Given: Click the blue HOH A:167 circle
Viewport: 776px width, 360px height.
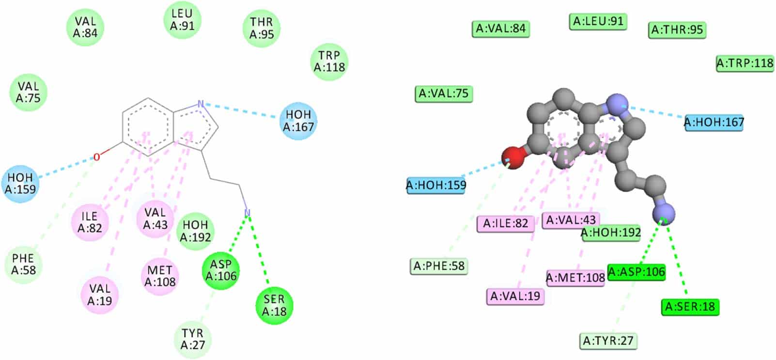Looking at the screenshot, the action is pyautogui.click(x=298, y=121).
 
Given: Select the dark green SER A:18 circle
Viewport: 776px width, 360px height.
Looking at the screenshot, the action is pyautogui.click(x=274, y=306).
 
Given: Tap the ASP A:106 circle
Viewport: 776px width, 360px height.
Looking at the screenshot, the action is pyautogui.click(x=221, y=271).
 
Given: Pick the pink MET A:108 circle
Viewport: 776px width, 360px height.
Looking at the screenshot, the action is pyautogui.click(x=160, y=276).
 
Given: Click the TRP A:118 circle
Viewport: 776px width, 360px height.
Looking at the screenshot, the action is pyautogui.click(x=329, y=62).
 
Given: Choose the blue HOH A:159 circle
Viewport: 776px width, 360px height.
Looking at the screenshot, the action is pyautogui.click(x=20, y=184).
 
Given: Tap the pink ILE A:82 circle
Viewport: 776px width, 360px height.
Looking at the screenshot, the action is pyautogui.click(x=90, y=222).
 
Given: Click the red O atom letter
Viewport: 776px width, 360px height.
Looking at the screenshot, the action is pyautogui.click(x=97, y=157).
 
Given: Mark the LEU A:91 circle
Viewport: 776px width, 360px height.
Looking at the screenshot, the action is pyautogui.click(x=182, y=20).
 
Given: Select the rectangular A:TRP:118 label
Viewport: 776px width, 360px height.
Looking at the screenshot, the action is pyautogui.click(x=745, y=63).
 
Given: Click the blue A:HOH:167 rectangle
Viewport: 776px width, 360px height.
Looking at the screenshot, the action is pyautogui.click(x=714, y=123).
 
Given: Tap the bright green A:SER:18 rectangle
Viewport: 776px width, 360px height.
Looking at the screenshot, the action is pyautogui.click(x=690, y=307).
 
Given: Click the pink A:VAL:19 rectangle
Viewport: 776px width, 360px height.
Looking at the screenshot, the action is pyautogui.click(x=515, y=296).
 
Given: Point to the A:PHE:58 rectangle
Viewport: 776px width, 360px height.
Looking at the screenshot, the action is pyautogui.click(x=438, y=266).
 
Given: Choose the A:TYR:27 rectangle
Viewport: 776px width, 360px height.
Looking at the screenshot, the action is pyautogui.click(x=608, y=341).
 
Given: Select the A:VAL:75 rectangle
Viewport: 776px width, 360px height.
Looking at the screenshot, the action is pyautogui.click(x=444, y=94).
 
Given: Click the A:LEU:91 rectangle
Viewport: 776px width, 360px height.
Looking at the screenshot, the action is pyautogui.click(x=598, y=21).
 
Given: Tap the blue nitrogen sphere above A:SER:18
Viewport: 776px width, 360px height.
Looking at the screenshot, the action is pyautogui.click(x=664, y=214).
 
